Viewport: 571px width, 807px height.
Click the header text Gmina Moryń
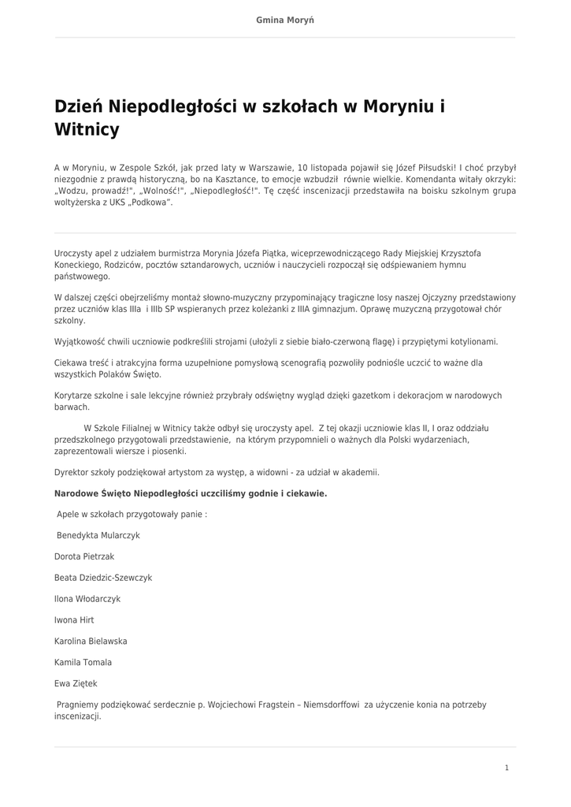pos(285,19)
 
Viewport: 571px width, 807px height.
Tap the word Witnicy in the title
pos(87,129)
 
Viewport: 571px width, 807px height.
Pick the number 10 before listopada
pos(303,168)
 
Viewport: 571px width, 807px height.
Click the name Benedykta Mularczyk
pos(98,535)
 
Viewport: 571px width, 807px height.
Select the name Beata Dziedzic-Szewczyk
pos(103,578)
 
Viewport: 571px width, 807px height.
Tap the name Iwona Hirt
pos(74,620)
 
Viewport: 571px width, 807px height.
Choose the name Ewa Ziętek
pos(76,683)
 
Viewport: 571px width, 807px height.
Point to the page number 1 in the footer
pos(506,768)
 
